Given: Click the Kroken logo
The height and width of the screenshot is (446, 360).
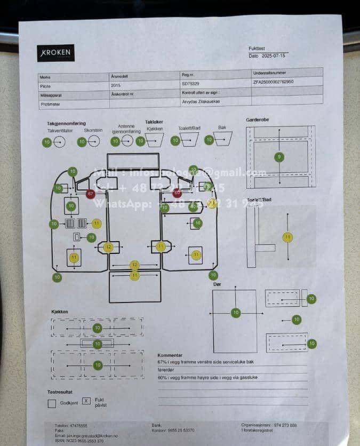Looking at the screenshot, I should tap(56, 53).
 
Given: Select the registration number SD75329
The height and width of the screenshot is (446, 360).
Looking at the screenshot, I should tap(190, 84).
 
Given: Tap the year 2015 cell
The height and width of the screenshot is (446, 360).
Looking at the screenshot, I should tap(116, 85).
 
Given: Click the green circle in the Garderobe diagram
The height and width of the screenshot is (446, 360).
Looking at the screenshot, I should tap(279, 157).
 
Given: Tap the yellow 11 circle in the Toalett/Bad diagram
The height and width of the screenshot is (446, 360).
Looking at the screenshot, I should tap(288, 237).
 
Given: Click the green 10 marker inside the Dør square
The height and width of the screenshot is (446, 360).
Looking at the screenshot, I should tap(236, 312).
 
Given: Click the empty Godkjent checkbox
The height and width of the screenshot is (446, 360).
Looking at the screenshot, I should tap(52, 404).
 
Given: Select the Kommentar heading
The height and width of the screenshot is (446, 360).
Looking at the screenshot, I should tap(170, 355).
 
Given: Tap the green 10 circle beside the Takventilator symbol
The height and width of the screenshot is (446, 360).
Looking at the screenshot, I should tap(47, 142).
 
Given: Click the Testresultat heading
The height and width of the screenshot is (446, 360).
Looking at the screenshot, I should tap(60, 392).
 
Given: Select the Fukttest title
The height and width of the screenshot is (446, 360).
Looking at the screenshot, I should tap(257, 49).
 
